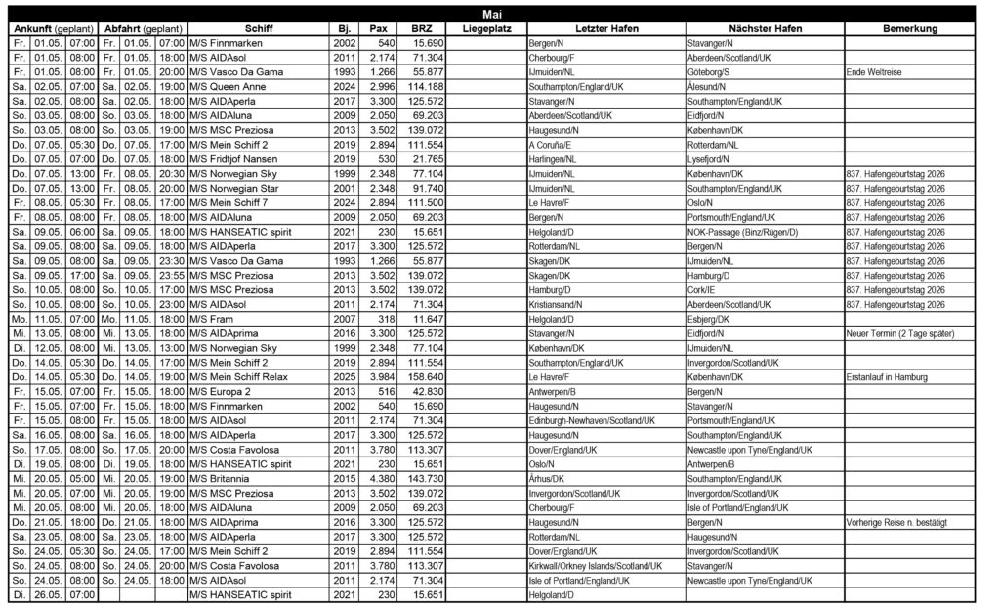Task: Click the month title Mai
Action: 492,14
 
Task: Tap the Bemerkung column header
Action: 908,29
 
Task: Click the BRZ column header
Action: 422,29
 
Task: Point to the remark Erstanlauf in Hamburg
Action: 886,376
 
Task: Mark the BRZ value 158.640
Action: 428,376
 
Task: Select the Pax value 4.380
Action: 382,478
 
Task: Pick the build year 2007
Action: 344,319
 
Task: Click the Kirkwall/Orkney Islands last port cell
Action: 595,565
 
